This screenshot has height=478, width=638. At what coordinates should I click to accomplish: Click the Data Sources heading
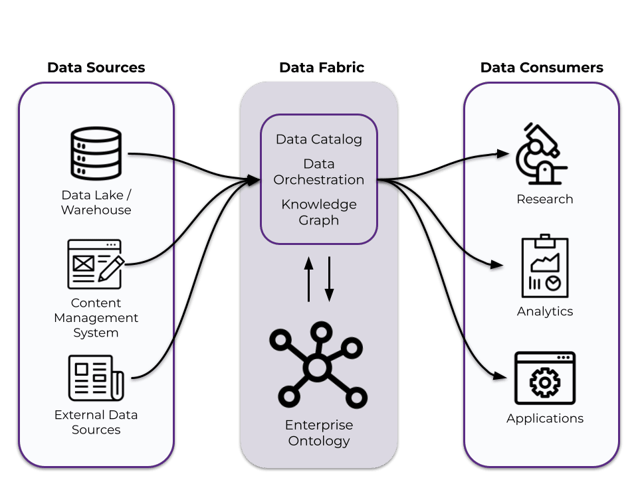point(96,68)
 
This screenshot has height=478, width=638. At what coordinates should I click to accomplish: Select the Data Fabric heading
point(321,68)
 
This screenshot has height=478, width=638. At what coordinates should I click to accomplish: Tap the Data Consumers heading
point(542,68)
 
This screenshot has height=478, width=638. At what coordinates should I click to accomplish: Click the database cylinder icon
point(96,155)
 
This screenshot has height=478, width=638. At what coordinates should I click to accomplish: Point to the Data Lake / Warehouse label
point(96,202)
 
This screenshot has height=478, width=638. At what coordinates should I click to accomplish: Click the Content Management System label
point(96,317)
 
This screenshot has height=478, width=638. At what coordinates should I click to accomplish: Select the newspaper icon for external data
point(96,378)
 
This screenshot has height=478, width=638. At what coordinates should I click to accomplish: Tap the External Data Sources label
point(96,422)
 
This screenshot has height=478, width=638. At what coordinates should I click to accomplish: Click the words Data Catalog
point(319,139)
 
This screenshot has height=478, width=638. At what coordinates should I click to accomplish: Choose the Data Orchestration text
point(319,171)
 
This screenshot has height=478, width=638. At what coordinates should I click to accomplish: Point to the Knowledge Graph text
point(319,212)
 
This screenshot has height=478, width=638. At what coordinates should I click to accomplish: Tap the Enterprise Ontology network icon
point(318,366)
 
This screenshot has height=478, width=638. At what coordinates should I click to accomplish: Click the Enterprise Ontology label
point(319,432)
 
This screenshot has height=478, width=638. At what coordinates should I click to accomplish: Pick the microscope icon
point(542,154)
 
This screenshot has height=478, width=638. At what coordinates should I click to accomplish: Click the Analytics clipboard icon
point(545,266)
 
